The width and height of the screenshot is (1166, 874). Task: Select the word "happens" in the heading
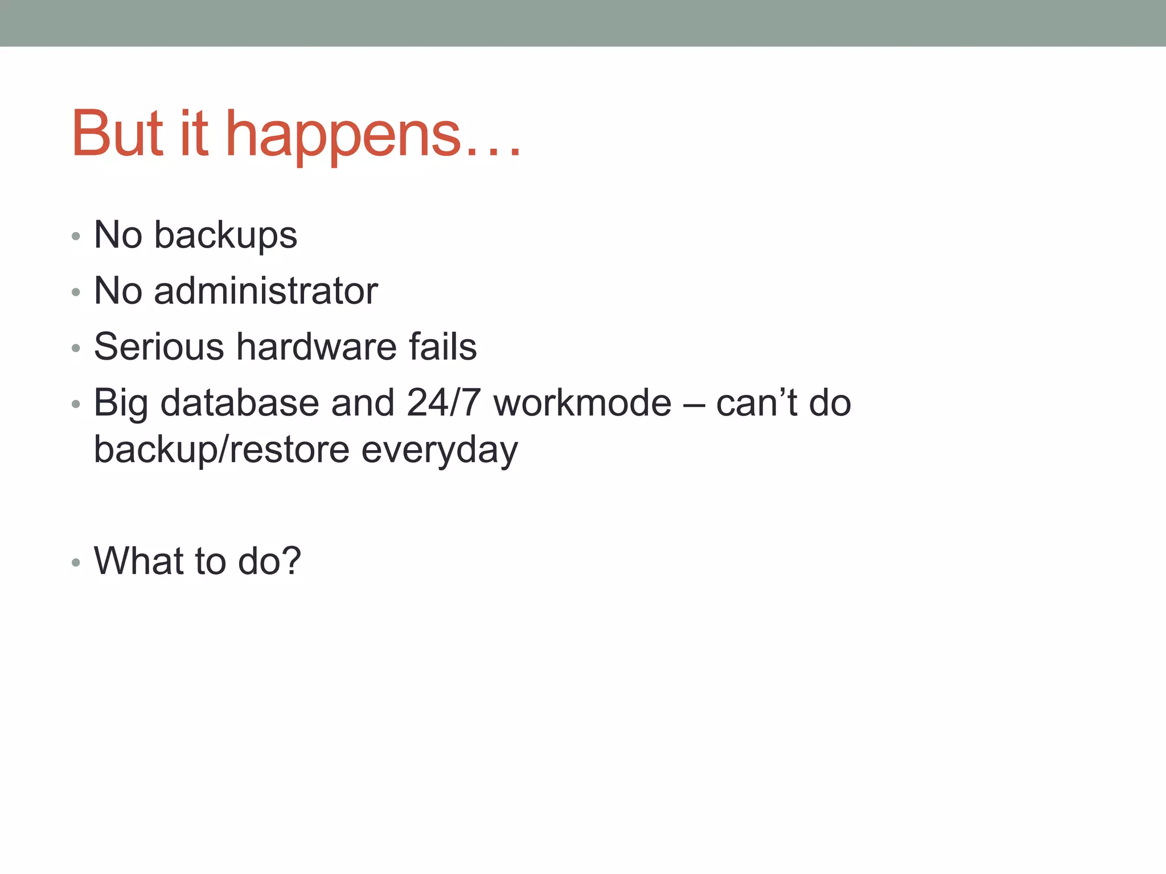[x=343, y=137]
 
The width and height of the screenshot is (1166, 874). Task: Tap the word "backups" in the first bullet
[x=225, y=235]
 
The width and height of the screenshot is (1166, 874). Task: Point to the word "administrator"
[x=266, y=291]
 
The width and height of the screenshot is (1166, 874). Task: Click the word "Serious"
[x=159, y=347]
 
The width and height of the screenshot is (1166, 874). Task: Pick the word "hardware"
[x=317, y=347]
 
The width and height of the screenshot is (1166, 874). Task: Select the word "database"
[x=240, y=403]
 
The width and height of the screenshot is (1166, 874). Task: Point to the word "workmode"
[x=582, y=403]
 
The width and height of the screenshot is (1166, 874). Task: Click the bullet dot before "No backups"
[x=76, y=237]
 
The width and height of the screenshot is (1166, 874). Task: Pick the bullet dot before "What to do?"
[x=76, y=563]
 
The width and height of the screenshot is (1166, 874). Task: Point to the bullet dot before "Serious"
[x=76, y=348]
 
